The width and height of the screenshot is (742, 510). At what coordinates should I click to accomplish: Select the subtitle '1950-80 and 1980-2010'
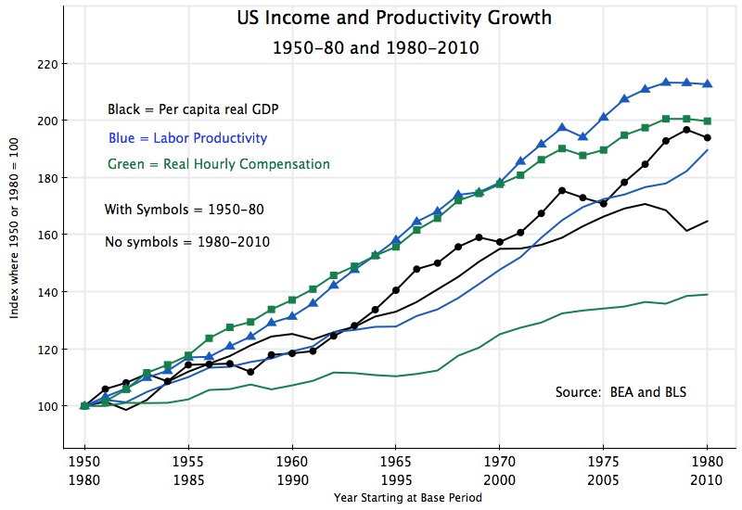point(376,46)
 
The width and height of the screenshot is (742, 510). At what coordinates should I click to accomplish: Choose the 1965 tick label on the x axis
point(396,460)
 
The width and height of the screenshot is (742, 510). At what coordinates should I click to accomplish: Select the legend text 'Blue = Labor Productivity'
point(187,138)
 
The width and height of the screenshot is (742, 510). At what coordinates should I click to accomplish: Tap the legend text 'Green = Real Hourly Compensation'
point(219,164)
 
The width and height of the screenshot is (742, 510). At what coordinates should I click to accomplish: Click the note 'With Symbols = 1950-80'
point(185,210)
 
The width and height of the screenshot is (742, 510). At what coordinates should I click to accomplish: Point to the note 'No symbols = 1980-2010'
point(187,242)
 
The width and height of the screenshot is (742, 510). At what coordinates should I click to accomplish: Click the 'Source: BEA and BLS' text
point(620,392)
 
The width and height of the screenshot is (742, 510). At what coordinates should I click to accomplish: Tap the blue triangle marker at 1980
point(709,84)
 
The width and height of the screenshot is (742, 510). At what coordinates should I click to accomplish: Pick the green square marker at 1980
point(709,121)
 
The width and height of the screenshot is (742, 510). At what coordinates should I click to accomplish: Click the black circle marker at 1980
point(709,137)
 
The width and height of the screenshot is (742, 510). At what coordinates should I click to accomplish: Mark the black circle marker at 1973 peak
point(562,191)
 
